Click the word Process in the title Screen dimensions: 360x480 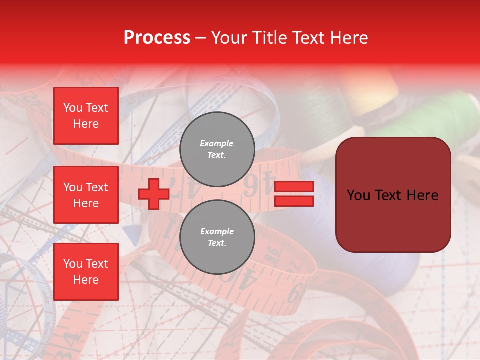(157, 38)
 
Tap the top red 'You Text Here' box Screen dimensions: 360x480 (86, 116)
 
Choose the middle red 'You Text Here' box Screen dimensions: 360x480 (86, 195)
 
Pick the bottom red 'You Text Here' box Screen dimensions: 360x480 (86, 272)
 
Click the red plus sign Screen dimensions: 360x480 (154, 194)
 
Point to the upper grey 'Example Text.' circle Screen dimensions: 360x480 (217, 149)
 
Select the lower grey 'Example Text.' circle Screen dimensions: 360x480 (217, 237)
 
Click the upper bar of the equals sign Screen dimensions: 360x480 (294, 187)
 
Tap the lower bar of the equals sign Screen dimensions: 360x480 (294, 201)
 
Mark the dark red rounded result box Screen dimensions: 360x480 (393, 195)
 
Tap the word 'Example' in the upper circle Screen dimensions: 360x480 (217, 143)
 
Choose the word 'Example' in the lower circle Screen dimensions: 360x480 (217, 231)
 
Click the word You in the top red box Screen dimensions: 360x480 (73, 108)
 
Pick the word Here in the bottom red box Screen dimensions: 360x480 (86, 280)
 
